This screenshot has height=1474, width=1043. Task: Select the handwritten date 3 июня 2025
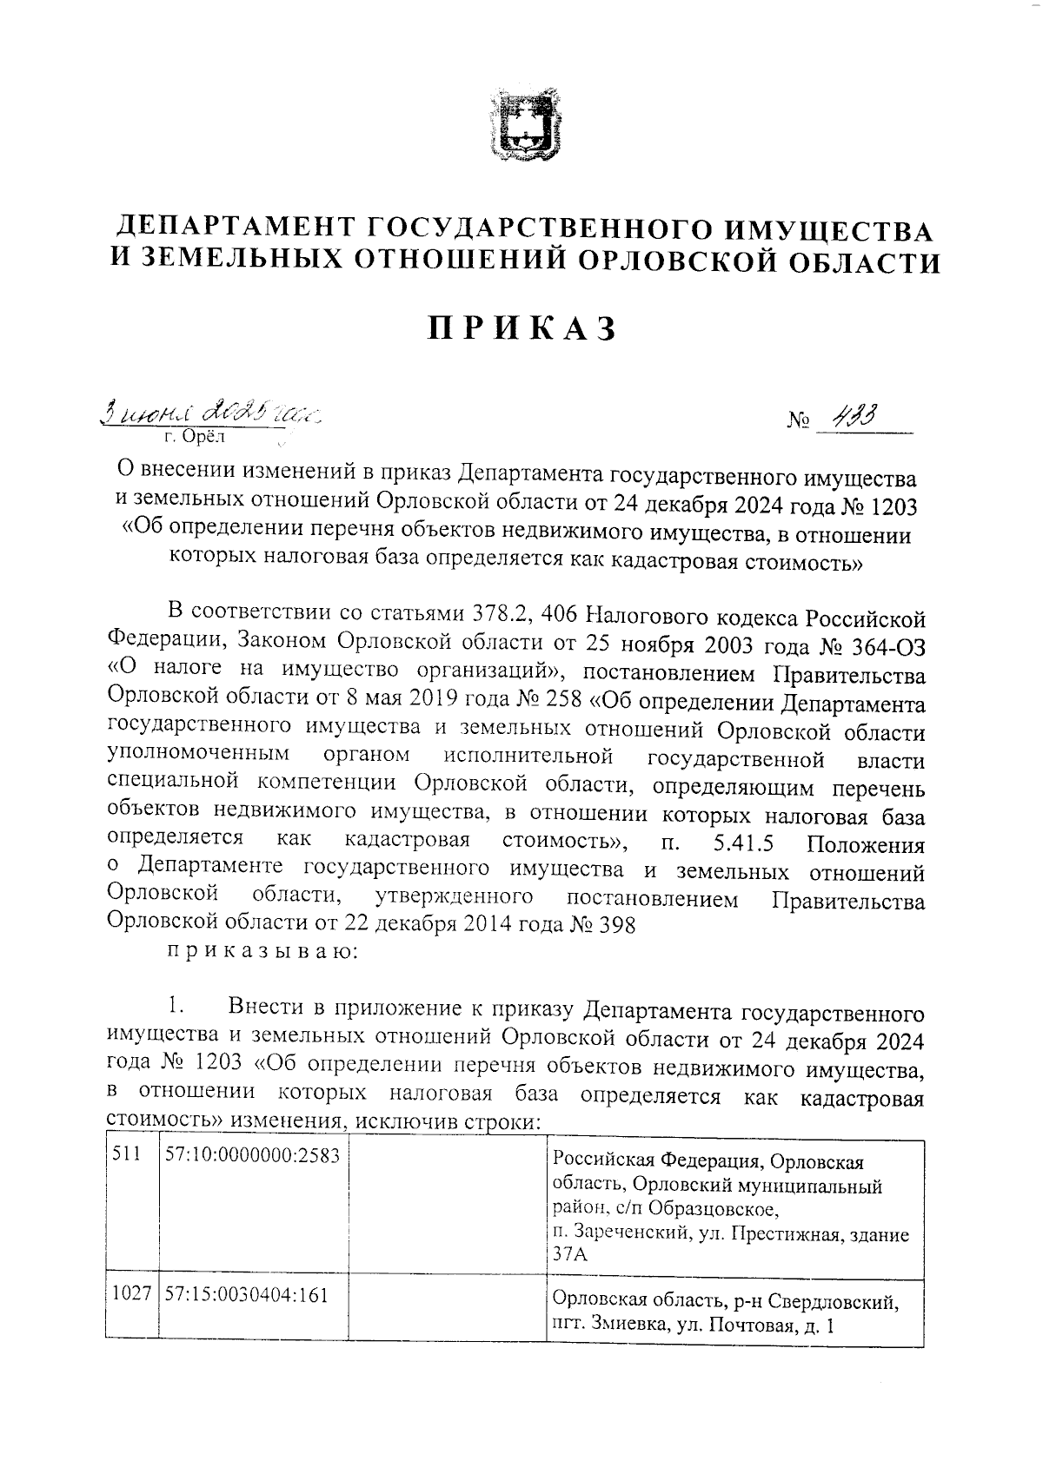[209, 410]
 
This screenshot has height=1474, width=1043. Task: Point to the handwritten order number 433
[852, 418]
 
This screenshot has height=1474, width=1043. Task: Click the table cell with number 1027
[132, 1296]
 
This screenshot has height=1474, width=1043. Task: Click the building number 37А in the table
[570, 1255]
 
